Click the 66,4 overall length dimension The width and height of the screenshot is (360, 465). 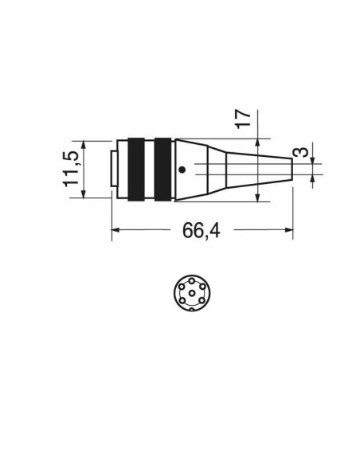point(201,230)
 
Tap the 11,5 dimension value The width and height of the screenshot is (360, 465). point(71,169)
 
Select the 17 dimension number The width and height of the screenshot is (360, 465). point(243,119)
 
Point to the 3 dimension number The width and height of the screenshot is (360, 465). point(300,152)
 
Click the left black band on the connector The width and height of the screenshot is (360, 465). point(136,170)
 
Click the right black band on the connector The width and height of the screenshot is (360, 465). point(162,170)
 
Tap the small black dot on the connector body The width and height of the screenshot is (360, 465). point(182,170)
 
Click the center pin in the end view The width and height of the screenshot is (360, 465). point(192,293)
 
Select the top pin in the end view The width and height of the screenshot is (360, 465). point(192,280)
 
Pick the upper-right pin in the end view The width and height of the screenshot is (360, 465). point(202,287)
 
